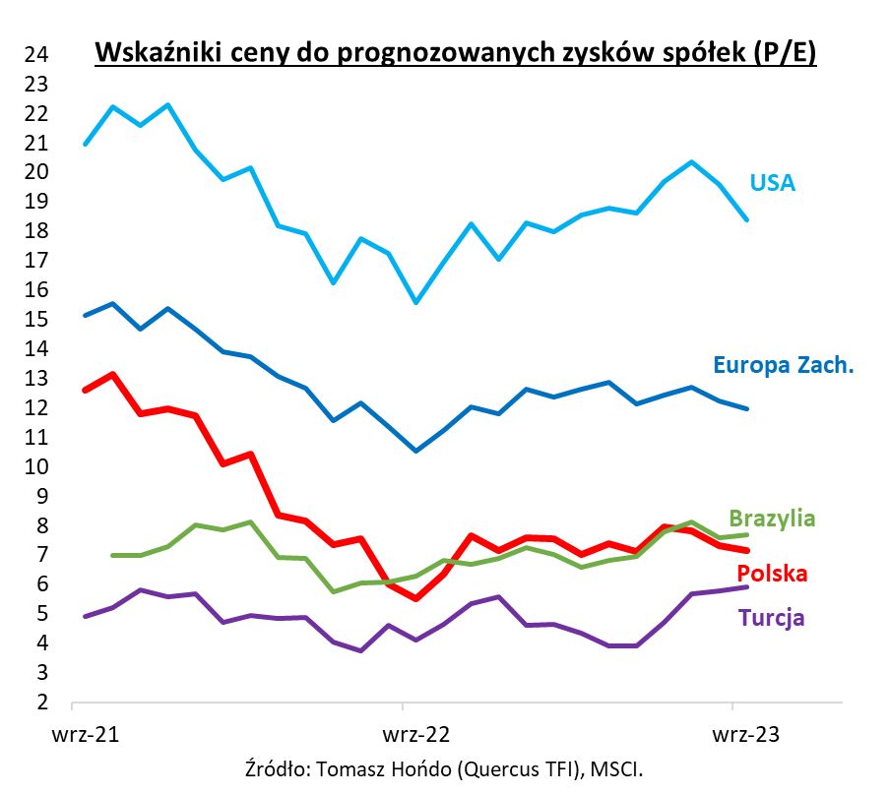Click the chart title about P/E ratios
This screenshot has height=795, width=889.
[x=455, y=53]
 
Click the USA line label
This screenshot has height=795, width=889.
[x=772, y=183]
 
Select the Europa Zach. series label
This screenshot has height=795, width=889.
[x=783, y=366]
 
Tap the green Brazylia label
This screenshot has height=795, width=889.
[x=772, y=519]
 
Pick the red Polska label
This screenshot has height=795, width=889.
[x=773, y=574]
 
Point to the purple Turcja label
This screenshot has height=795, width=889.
[x=771, y=618]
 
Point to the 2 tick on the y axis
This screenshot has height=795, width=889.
[x=41, y=703]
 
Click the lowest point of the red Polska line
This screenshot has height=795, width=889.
[x=415, y=598]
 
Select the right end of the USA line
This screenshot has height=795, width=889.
[x=747, y=219]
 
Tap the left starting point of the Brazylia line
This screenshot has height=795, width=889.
[x=112, y=555]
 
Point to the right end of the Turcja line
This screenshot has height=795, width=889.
[x=747, y=586]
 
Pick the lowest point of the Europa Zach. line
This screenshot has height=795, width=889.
[x=415, y=451]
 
